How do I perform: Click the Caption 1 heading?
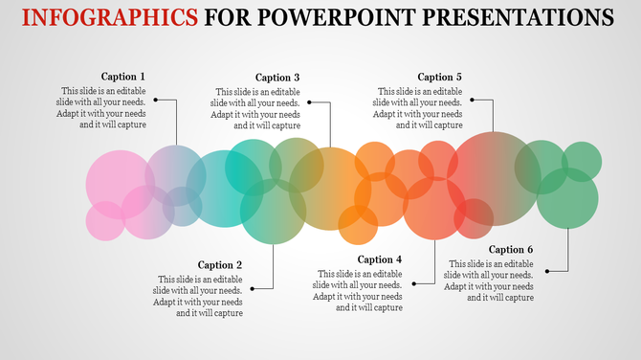pyautogui.click(x=123, y=77)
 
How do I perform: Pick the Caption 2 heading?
pyautogui.click(x=220, y=265)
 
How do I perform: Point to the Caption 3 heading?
pyautogui.click(x=277, y=78)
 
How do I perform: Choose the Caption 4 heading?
pyautogui.click(x=380, y=259)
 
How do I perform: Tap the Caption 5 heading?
pyautogui.click(x=440, y=77)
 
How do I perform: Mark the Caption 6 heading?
pyautogui.click(x=511, y=250)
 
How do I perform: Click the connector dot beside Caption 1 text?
pyautogui.click(x=155, y=99)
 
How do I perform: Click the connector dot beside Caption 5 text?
pyautogui.click(x=471, y=99)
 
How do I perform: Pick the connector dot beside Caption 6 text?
pyautogui.click(x=547, y=272)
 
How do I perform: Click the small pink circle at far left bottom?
pyautogui.click(x=105, y=221)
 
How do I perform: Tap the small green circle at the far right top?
pyautogui.click(x=581, y=160)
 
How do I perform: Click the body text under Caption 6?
pyautogui.click(x=489, y=281)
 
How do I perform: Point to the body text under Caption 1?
pyautogui.click(x=101, y=108)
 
